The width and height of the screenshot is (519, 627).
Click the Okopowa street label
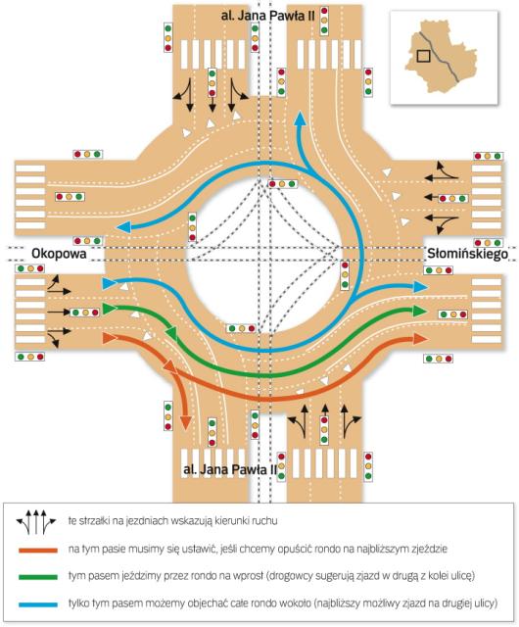[59, 254]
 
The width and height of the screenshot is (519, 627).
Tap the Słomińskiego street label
[467, 254]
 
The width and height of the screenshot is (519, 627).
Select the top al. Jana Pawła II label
[267, 16]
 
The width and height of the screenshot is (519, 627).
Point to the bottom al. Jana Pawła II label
[230, 469]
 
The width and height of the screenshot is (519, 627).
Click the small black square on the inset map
[423, 56]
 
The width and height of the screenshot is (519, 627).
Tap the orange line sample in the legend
[38, 551]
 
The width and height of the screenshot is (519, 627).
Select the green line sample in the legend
[38, 577]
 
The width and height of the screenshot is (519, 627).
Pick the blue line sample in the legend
[38, 604]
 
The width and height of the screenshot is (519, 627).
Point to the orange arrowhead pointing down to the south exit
[185, 422]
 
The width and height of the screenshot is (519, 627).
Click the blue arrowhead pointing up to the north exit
[300, 119]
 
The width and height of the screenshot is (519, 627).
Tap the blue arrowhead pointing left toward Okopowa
[123, 227]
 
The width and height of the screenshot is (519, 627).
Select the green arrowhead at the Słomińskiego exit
[419, 311]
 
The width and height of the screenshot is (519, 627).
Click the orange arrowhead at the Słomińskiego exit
[420, 339]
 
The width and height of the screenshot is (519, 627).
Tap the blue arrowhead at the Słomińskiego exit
[420, 286]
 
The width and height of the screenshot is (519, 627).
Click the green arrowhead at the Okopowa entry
[110, 309]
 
